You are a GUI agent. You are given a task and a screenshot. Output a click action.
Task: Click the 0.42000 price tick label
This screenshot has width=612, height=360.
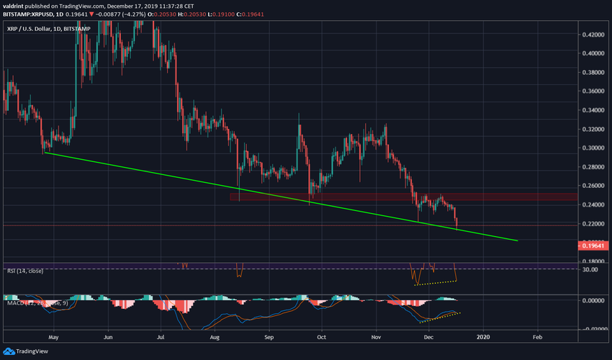(x=594, y=35)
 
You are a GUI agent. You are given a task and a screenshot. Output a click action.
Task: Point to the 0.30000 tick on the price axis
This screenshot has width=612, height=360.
(x=594, y=148)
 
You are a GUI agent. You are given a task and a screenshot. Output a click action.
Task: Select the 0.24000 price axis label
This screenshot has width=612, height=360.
(x=594, y=204)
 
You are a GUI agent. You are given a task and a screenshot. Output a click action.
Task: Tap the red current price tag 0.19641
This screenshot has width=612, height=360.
(x=594, y=246)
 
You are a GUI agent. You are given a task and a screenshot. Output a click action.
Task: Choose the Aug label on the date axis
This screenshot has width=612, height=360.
(x=214, y=336)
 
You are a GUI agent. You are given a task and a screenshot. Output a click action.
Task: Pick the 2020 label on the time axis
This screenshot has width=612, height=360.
(x=483, y=336)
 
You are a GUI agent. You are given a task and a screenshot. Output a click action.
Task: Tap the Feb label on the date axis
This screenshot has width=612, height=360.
(x=537, y=336)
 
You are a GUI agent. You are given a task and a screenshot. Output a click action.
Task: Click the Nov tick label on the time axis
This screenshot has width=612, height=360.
(x=376, y=336)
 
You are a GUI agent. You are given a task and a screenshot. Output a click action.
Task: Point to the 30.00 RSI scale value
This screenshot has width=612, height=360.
(x=592, y=269)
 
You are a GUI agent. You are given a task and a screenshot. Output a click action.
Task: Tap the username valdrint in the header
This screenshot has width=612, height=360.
(x=15, y=5)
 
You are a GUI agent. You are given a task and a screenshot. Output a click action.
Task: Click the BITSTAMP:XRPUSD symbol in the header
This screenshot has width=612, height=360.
(x=29, y=14)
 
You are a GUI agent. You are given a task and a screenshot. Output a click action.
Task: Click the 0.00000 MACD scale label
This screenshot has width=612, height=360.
(x=594, y=300)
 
